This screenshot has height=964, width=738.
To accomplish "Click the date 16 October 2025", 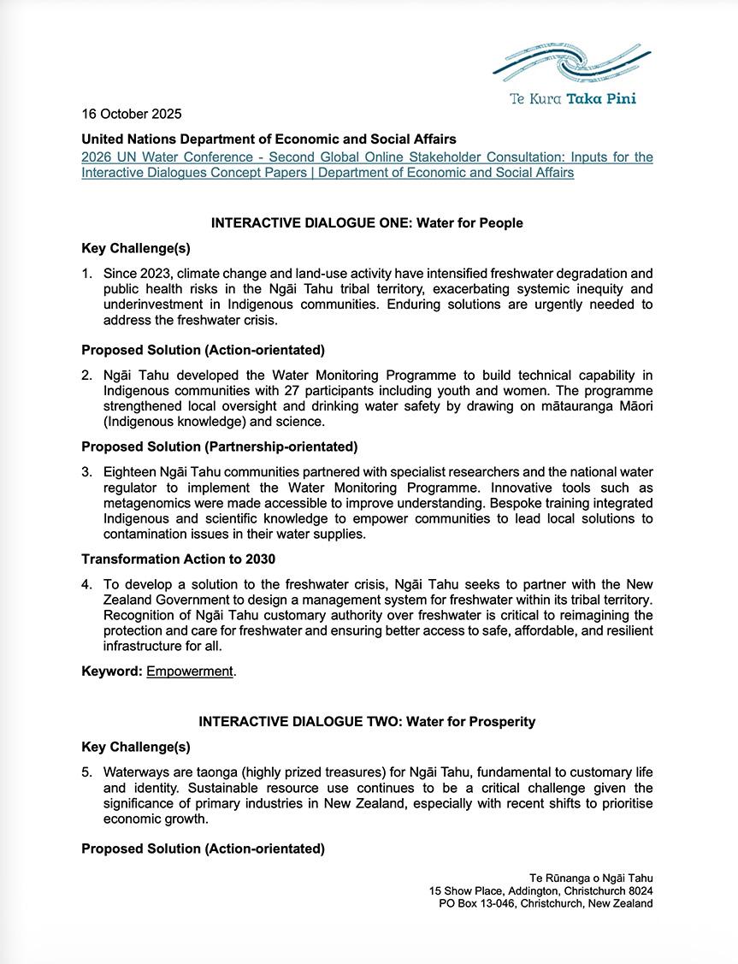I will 131,114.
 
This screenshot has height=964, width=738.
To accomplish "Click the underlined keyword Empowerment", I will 189,671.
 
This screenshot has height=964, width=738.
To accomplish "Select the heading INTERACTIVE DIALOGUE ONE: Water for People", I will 367,223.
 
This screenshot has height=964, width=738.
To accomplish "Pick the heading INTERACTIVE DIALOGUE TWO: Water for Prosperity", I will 367,722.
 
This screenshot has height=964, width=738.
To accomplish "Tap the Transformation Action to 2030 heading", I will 178,559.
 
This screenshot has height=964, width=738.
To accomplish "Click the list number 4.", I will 86,585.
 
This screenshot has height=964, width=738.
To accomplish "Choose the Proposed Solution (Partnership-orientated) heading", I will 219,447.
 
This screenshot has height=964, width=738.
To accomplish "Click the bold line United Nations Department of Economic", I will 269,139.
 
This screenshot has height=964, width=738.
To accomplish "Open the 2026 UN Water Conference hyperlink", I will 367,157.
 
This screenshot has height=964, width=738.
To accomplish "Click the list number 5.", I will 86,772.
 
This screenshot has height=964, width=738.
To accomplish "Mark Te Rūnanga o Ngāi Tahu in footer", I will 591,878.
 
